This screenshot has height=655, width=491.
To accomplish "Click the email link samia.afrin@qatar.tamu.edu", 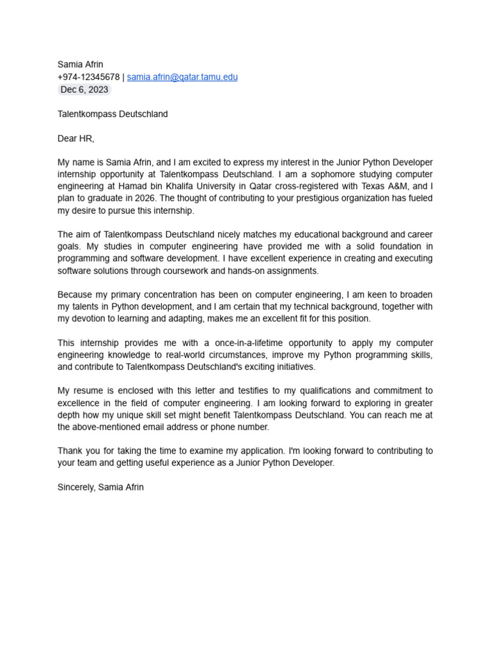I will [182, 77].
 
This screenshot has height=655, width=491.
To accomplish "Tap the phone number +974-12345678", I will [88, 77].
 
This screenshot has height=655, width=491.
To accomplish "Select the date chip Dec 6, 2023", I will [84, 90].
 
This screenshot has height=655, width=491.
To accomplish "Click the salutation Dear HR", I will [75, 138].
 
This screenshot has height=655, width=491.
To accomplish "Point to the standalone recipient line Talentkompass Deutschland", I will [113, 114].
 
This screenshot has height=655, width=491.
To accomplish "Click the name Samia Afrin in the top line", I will [80, 65].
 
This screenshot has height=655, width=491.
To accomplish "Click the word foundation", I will [389, 246].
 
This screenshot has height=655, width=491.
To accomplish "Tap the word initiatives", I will [292, 367].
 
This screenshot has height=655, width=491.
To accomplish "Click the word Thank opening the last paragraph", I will [70, 451].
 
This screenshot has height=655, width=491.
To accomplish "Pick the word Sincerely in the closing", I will [75, 487].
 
